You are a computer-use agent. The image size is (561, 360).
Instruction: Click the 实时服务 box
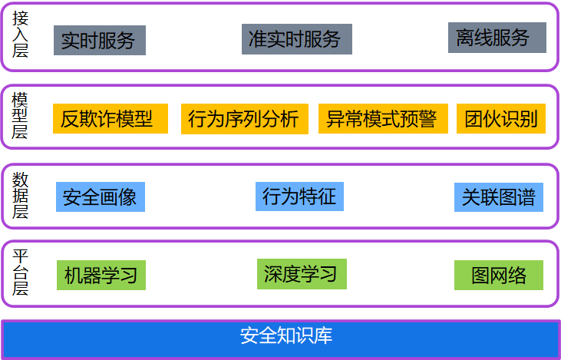click(99, 40)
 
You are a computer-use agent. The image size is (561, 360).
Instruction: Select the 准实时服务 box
click(296, 39)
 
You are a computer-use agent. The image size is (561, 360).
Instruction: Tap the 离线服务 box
click(497, 38)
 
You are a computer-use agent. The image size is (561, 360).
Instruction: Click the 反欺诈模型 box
click(107, 119)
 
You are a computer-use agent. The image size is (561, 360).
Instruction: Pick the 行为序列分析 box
click(244, 119)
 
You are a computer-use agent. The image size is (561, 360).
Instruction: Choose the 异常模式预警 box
click(381, 119)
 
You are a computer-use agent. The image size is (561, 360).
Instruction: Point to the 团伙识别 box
click(500, 119)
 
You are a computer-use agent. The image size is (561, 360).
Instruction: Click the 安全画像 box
click(100, 197)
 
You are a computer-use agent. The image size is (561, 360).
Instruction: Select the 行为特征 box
click(299, 197)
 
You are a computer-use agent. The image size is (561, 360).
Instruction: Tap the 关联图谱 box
click(498, 197)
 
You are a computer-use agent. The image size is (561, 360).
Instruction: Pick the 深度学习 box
click(301, 274)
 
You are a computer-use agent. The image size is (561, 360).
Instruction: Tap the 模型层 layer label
click(21, 116)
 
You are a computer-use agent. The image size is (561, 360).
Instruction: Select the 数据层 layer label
click(21, 196)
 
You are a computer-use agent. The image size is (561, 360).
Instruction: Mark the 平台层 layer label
click(21, 272)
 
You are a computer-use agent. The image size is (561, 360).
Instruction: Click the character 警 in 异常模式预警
click(427, 119)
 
